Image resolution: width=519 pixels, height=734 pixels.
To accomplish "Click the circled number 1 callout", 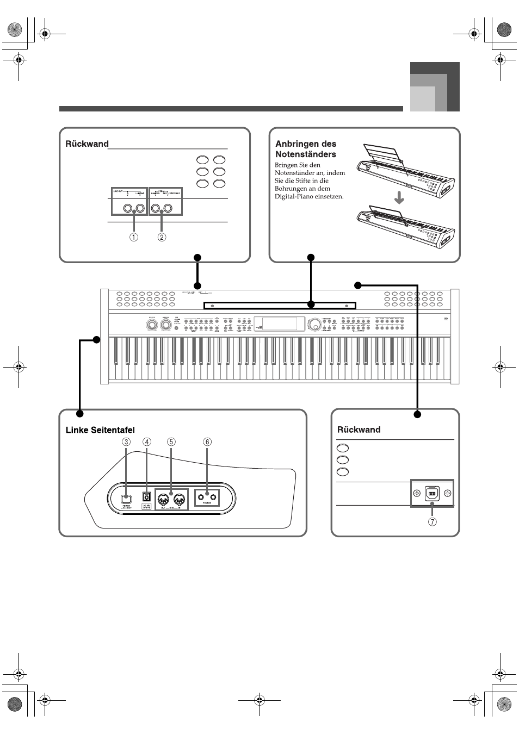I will pyautogui.click(x=133, y=237).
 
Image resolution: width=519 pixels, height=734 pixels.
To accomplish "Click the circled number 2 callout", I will pyautogui.click(x=162, y=237).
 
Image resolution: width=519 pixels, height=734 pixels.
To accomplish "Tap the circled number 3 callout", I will pyautogui.click(x=126, y=441).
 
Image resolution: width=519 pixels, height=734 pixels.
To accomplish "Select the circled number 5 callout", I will pyautogui.click(x=171, y=441).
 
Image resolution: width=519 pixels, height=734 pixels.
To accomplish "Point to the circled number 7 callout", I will pyautogui.click(x=432, y=522).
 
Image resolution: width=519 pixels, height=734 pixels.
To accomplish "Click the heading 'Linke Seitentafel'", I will pyautogui.click(x=100, y=430).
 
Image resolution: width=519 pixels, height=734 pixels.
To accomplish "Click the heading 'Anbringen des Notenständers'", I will pyautogui.click(x=306, y=149).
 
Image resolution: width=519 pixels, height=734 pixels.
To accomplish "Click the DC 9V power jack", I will pyautogui.click(x=146, y=496).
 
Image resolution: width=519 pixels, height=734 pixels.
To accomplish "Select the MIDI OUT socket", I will pyautogui.click(x=162, y=497).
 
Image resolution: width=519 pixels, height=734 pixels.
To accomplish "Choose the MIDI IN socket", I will pyautogui.click(x=180, y=497).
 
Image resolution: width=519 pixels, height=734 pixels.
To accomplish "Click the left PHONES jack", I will pyautogui.click(x=202, y=496).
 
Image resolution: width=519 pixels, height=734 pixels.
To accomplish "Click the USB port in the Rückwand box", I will pyautogui.click(x=431, y=494).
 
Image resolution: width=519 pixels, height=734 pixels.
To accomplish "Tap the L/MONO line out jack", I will pyautogui.click(x=140, y=208).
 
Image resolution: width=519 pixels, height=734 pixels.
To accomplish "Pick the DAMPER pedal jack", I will pyautogui.click(x=155, y=208).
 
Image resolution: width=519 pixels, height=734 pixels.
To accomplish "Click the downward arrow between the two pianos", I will pyautogui.click(x=399, y=198).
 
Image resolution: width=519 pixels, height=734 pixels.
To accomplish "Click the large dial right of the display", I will pyautogui.click(x=314, y=325).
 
